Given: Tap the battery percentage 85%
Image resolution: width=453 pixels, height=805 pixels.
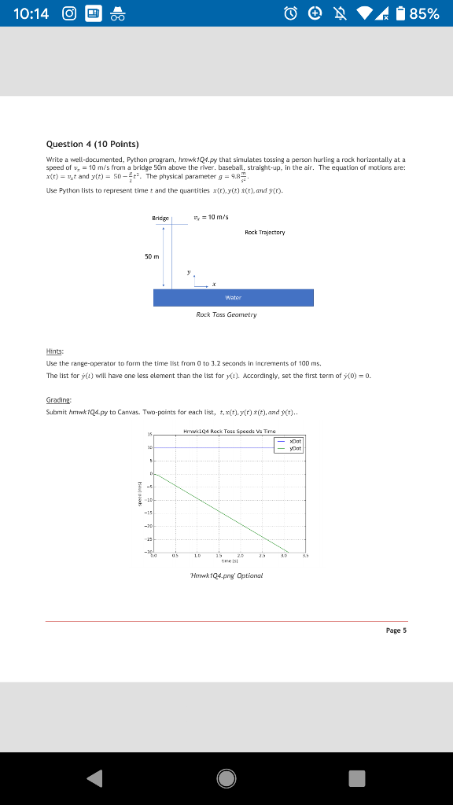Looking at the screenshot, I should (424, 13).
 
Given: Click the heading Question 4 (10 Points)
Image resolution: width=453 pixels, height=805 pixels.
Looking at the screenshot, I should (92, 144).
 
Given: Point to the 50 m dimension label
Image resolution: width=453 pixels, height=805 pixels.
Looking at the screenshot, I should (149, 256).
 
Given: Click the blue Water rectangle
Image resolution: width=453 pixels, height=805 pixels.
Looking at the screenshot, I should (234, 298).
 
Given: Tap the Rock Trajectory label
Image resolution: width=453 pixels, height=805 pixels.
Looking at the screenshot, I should (264, 232).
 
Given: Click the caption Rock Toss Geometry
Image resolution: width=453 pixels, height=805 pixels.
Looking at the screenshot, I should (226, 314).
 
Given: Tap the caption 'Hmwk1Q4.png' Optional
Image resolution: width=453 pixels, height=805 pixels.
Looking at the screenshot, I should (226, 575).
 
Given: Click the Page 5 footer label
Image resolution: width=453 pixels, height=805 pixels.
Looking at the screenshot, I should (396, 630).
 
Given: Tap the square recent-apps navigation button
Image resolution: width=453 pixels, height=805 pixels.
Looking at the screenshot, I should (358, 778).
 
